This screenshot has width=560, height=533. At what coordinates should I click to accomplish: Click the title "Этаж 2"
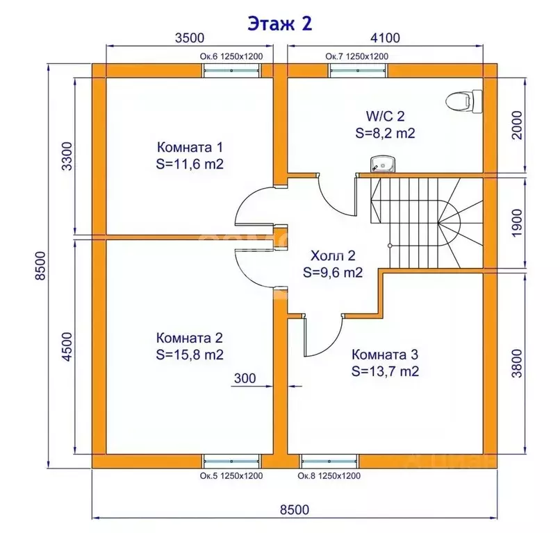tap(280, 24)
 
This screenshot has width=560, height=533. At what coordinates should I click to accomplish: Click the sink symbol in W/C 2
tap(383, 164)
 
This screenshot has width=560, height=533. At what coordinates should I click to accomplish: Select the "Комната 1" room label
tap(190, 147)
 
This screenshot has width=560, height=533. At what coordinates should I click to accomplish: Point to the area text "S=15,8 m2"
tap(190, 355)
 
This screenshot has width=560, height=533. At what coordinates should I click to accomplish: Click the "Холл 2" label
tap(333, 255)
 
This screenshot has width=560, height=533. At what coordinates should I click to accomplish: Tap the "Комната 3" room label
tap(385, 355)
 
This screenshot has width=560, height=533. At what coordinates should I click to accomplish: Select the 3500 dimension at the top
tap(190, 37)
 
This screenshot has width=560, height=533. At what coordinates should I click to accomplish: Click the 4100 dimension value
tap(385, 37)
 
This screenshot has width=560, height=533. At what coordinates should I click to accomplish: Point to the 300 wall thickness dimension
tap(245, 378)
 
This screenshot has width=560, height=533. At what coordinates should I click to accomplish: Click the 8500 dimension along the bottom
tap(295, 509)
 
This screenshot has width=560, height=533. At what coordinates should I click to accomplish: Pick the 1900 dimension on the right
tap(517, 223)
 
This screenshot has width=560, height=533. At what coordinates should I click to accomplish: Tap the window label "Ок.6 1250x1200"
tap(231, 56)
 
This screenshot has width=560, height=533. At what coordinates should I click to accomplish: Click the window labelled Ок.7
tap(358, 71)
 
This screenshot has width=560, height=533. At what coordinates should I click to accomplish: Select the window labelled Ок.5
tap(231, 461)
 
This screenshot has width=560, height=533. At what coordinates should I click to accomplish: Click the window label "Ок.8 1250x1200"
tap(329, 475)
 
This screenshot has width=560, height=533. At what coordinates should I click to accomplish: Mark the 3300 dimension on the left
tap(67, 156)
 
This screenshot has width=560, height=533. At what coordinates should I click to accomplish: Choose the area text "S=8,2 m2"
tap(385, 133)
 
